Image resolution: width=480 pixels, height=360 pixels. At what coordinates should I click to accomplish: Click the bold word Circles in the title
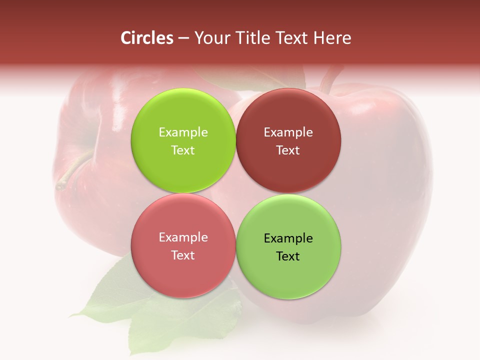click(147, 38)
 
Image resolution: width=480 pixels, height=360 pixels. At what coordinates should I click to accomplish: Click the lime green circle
click(183, 140)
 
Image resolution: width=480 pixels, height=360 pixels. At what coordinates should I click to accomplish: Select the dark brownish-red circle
click(288, 140)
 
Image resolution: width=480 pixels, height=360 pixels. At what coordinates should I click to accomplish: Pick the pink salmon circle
click(183, 245)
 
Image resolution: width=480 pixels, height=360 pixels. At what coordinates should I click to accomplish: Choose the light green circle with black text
click(288, 246)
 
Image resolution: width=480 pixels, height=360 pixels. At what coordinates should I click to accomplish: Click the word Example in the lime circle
click(183, 132)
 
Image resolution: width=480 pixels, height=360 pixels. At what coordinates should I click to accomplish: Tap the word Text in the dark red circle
click(288, 150)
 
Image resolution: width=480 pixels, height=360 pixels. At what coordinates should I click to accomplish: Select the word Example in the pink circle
click(183, 237)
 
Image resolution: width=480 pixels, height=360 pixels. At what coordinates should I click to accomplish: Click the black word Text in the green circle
click(288, 256)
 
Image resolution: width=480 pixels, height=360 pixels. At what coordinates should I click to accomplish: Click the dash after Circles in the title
click(183, 38)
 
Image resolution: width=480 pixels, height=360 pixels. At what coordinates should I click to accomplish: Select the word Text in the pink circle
click(183, 255)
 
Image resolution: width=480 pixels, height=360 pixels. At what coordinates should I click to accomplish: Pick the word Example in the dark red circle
click(288, 132)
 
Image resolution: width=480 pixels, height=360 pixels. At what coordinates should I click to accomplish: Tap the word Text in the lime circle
click(183, 150)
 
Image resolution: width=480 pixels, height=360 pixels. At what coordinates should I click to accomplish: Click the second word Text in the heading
click(291, 38)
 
